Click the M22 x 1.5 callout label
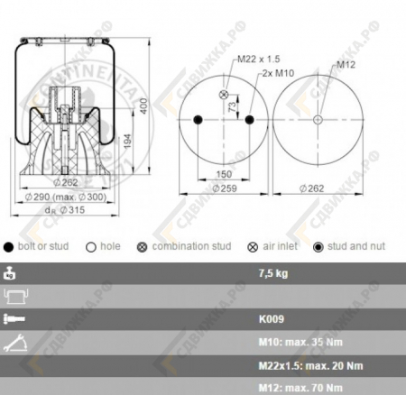255,60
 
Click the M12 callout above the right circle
346,65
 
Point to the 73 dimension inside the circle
232,107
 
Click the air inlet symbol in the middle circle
223,93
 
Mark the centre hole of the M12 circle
318,121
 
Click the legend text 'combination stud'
191,246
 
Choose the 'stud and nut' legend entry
355,246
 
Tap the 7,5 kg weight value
272,271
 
